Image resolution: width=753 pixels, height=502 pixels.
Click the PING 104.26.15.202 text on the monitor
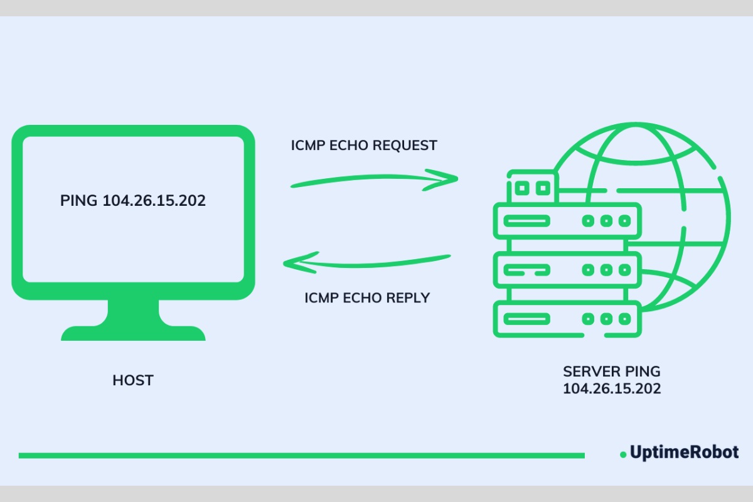pyautogui.click(x=133, y=201)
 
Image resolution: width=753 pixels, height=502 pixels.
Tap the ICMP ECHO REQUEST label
pyautogui.click(x=364, y=146)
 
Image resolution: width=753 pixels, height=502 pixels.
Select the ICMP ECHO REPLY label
pyautogui.click(x=367, y=297)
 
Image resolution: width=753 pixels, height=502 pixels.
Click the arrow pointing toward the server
pyautogui.click(x=375, y=181)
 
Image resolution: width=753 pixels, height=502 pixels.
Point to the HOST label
pyautogui.click(x=133, y=380)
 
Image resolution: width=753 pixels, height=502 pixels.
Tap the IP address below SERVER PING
pyautogui.click(x=611, y=389)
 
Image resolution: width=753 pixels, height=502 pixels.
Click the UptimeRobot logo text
pyautogui.click(x=684, y=452)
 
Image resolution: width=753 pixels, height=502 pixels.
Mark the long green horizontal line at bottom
pyautogui.click(x=301, y=455)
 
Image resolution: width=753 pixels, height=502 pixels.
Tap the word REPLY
pyautogui.click(x=409, y=297)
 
